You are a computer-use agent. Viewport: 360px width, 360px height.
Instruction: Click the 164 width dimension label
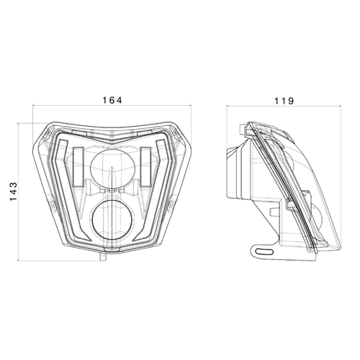coord(112,100)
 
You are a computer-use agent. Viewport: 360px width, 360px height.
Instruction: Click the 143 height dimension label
coord(14,192)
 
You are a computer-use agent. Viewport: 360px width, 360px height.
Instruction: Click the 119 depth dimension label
coord(284,101)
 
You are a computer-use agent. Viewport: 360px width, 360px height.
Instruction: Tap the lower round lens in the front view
coord(112,219)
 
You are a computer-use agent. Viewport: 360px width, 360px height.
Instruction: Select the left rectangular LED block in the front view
coord(78,166)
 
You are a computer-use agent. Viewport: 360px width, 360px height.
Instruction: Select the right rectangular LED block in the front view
coord(145,166)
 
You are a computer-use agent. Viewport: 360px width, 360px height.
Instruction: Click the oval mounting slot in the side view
coord(264,251)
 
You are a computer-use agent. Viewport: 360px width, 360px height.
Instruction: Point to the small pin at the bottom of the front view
coord(103,256)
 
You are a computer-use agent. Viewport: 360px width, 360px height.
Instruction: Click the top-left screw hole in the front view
coord(48,132)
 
